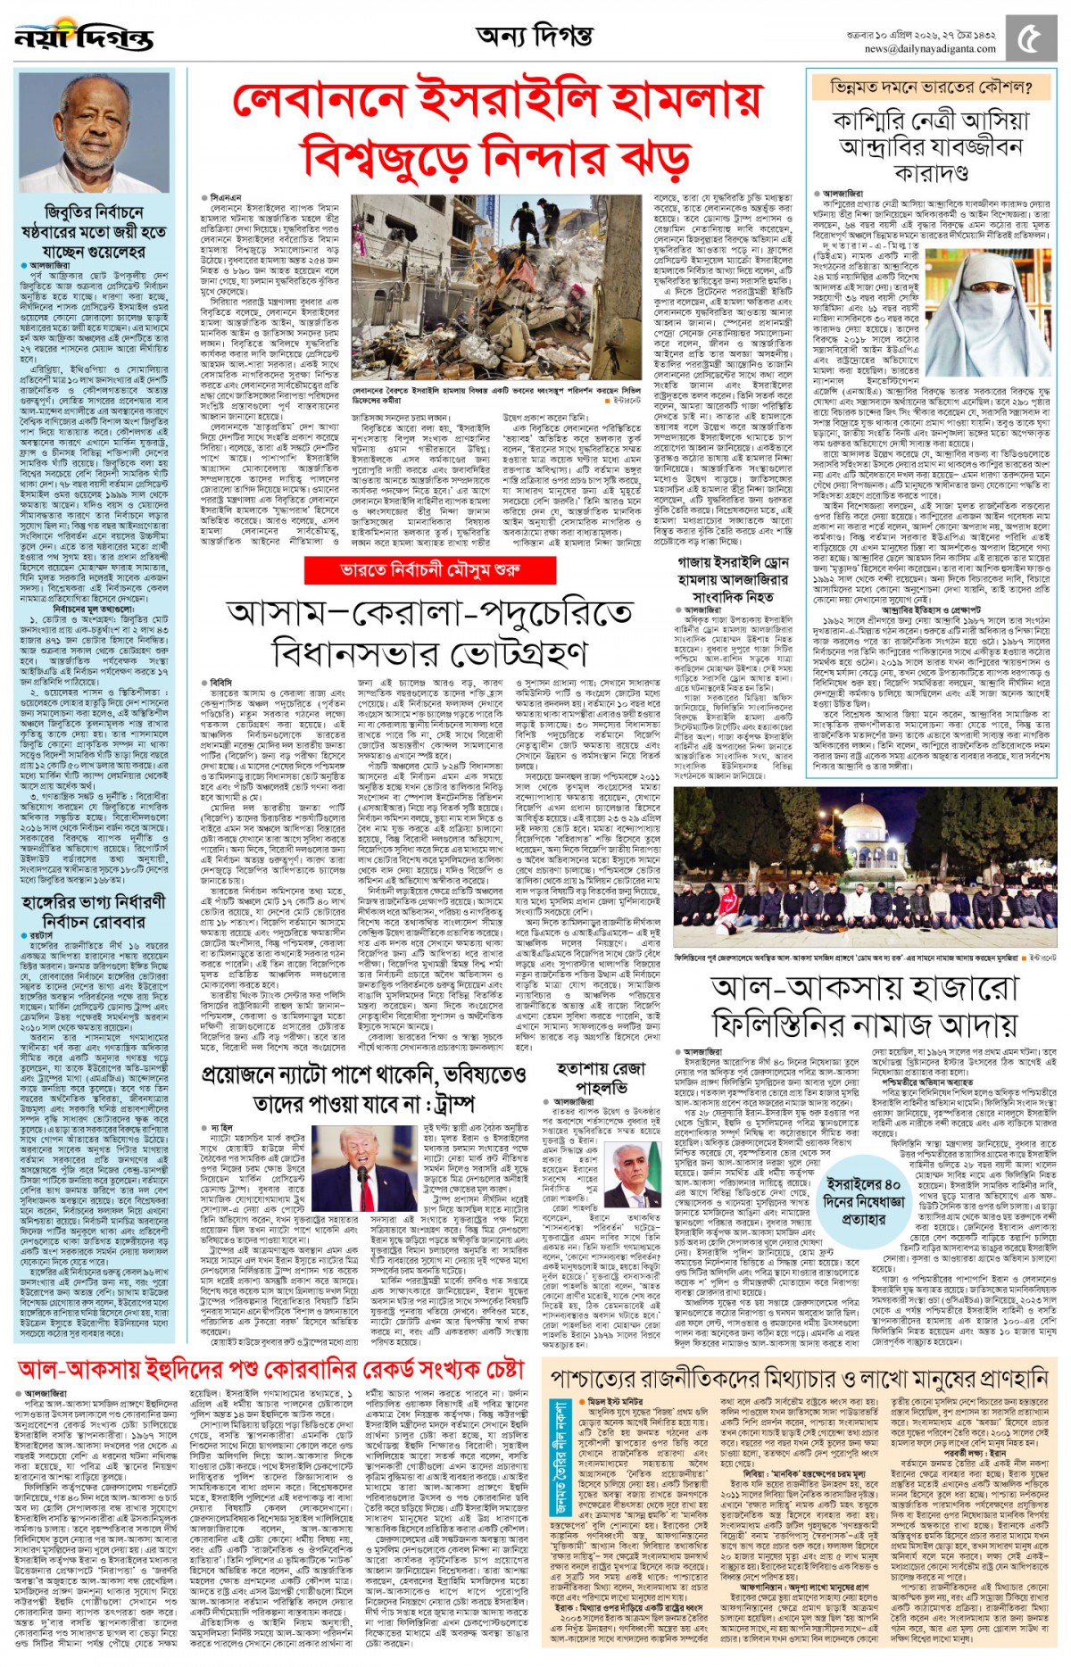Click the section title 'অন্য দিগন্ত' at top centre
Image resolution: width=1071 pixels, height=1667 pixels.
pos(534,37)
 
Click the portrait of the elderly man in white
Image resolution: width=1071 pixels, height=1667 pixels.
pos(94,134)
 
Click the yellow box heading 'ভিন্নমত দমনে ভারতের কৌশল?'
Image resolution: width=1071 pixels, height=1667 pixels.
pos(931,87)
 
